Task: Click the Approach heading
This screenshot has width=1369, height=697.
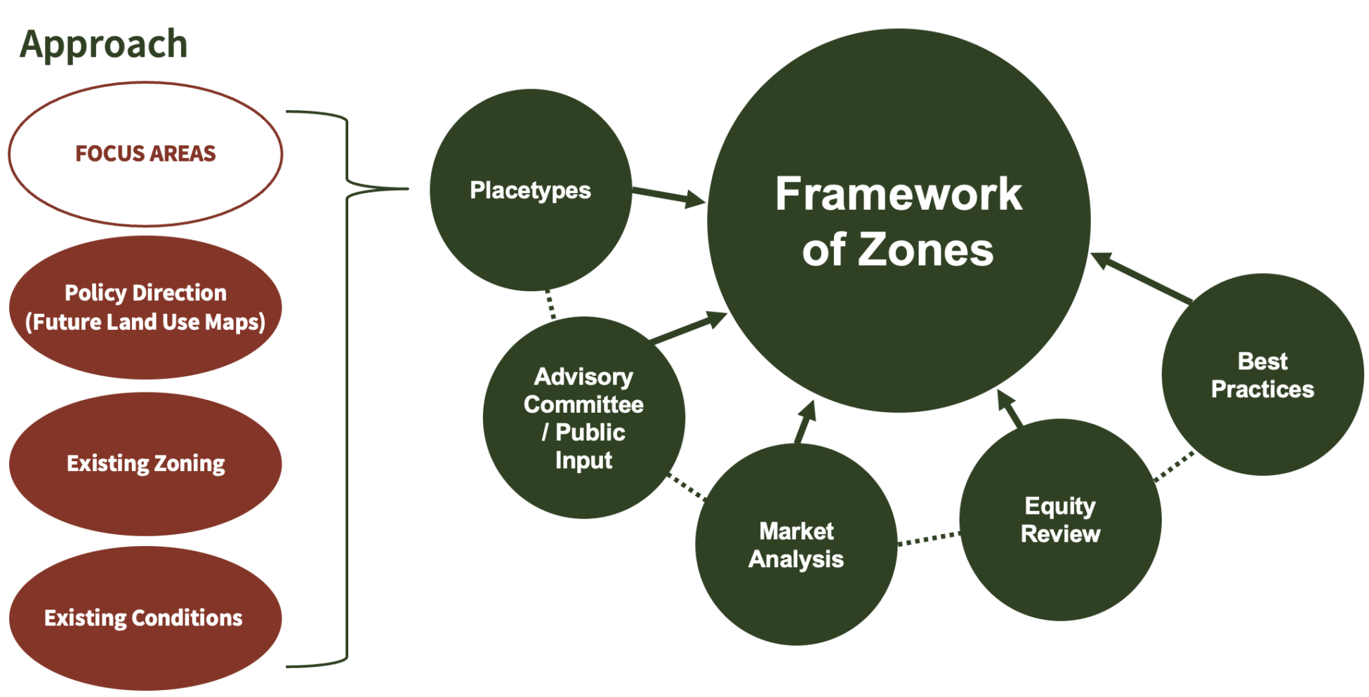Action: pos(103,44)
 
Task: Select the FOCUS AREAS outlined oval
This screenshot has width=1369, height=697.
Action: pos(145,154)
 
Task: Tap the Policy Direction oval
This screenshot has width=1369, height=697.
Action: pos(145,307)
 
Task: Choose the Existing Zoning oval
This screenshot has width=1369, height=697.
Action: pos(145,463)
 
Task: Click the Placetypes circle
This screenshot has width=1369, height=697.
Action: pos(530,190)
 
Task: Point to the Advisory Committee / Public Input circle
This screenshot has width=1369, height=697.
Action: pos(583,418)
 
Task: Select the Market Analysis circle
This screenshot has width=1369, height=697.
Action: pos(796,545)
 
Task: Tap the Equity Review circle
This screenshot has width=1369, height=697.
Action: pos(1060,519)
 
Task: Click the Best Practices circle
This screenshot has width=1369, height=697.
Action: pos(1262,375)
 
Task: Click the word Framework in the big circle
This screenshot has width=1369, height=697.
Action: pos(899,194)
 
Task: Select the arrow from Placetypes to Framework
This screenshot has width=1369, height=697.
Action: pos(667,195)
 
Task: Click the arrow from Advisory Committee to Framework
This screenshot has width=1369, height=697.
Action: pos(688,328)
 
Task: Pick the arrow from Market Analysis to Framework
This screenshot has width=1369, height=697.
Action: pos(805,423)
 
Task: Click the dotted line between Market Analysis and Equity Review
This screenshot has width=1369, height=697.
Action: pos(928,539)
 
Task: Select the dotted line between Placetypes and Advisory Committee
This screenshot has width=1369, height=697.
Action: pos(550,304)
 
